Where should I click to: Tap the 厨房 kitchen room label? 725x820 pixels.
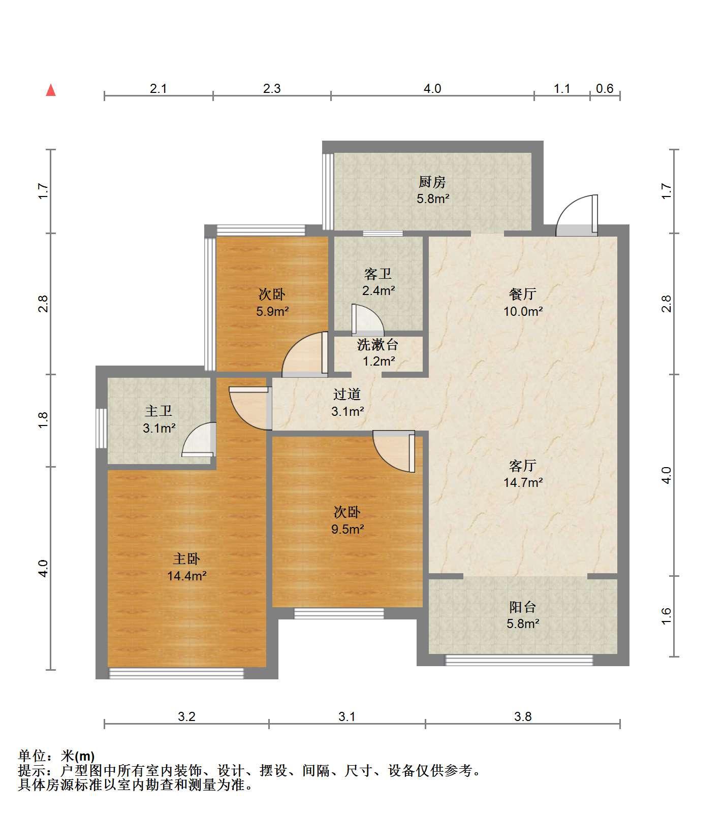pos(432,181)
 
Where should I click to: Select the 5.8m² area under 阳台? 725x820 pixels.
pos(523,624)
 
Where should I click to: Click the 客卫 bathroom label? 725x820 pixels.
pos(378,274)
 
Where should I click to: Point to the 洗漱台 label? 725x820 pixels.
pos(377,345)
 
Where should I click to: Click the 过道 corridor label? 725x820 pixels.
pos(347,394)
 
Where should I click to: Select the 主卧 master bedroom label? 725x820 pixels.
pos(186,559)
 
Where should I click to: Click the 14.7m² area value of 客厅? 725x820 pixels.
pos(523,482)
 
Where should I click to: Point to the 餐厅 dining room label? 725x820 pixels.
pos(523,294)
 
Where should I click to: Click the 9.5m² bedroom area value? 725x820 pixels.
pos(348,530)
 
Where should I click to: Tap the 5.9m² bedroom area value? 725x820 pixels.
pos(272,311)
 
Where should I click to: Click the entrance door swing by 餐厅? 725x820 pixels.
pos(577,216)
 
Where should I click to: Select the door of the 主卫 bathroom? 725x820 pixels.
pos(199,440)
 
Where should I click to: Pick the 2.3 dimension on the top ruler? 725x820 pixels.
pos(272,89)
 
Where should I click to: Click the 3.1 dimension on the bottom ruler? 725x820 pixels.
pos(347,716)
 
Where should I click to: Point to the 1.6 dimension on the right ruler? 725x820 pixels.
pos(667,616)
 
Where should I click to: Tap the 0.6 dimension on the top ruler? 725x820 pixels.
pos(605,89)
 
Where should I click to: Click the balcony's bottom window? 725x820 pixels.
pos(519,660)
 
